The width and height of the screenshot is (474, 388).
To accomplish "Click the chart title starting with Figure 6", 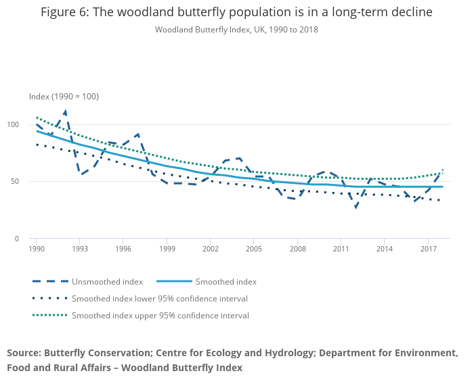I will pyautogui.click(x=236, y=12).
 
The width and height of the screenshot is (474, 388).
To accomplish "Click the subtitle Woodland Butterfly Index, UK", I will pyautogui.click(x=236, y=30).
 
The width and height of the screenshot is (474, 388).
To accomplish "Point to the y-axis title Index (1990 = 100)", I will pyautogui.click(x=64, y=97).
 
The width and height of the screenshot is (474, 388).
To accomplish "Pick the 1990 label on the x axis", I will pyautogui.click(x=37, y=249).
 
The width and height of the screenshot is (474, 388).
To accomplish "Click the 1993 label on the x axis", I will pyautogui.click(x=80, y=249).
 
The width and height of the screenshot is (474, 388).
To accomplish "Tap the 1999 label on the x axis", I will pyautogui.click(x=167, y=249).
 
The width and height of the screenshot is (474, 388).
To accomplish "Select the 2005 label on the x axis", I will pyautogui.click(x=254, y=249).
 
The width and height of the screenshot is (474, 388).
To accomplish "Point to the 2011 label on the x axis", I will pyautogui.click(x=341, y=249).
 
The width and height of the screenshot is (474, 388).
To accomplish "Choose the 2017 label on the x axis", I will pyautogui.click(x=427, y=249).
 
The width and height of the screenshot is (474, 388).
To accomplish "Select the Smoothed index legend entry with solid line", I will pyautogui.click(x=226, y=282).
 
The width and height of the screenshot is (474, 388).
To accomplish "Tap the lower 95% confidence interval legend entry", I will pyautogui.click(x=159, y=299).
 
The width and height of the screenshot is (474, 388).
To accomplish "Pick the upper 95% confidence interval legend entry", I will pyautogui.click(x=160, y=316).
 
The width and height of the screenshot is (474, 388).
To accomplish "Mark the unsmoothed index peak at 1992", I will pyautogui.click(x=65, y=111).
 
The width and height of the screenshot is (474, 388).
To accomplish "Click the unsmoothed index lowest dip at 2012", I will pyautogui.click(x=355, y=207).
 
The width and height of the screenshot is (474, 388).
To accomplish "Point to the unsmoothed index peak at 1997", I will pyautogui.click(x=137, y=134).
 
